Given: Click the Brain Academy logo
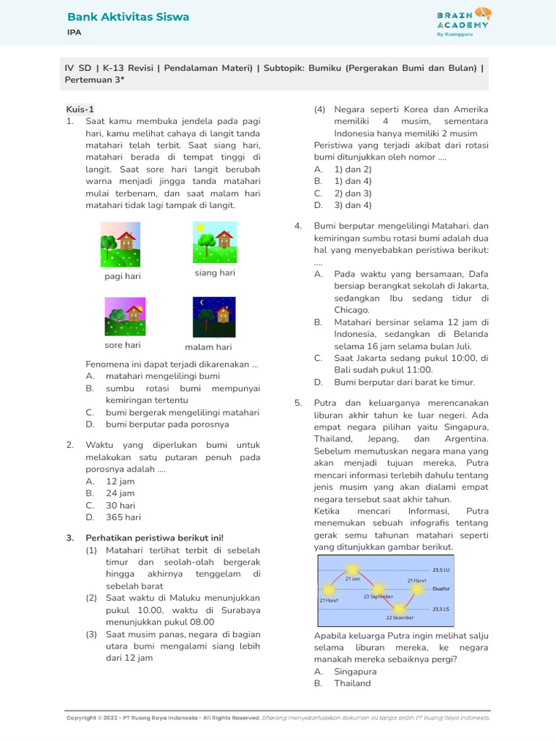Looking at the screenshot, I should tap(463, 21).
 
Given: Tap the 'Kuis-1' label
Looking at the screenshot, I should tap(80, 109).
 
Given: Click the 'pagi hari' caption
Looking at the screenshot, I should tap(122, 276).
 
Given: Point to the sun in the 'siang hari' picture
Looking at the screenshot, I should tap(200, 229).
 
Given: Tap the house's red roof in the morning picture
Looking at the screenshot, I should tap(127, 236).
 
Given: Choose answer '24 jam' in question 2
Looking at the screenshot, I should tap(120, 493).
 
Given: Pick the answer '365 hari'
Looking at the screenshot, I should tap(123, 517).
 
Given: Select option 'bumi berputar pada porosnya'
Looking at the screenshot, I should tap(167, 424).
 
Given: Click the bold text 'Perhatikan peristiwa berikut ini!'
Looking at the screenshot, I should tap(154, 538).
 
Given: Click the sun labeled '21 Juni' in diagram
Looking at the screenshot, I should tap(353, 570).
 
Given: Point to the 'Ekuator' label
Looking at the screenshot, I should tap(441, 588).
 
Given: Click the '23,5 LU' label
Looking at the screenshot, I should tap(442, 570).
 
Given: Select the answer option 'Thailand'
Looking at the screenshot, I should tap(353, 683).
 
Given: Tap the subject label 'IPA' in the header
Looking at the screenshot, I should tap(74, 33).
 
